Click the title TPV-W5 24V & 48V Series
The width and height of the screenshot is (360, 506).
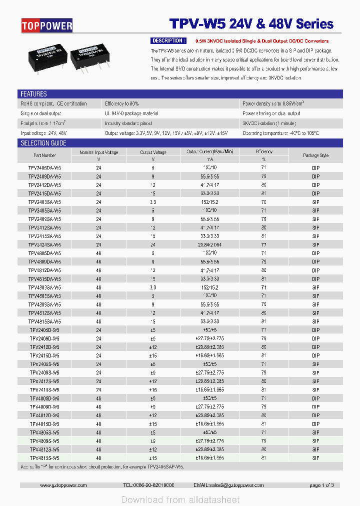point(251,24)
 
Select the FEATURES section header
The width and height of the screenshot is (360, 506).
point(33,94)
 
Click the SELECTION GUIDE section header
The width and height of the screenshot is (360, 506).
point(43,143)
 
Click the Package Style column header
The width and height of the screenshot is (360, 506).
point(315,155)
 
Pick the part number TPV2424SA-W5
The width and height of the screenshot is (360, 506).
point(44,245)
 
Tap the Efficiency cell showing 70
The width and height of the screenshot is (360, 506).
point(263,202)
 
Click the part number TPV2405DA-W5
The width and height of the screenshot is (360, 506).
point(44,168)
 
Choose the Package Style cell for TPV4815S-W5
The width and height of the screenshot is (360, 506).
point(315,458)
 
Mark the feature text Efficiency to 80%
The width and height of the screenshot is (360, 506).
point(121,104)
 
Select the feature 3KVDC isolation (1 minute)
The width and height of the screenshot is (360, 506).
point(269,123)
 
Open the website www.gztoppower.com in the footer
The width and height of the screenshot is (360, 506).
point(63,485)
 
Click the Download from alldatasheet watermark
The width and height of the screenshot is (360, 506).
point(180,499)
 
